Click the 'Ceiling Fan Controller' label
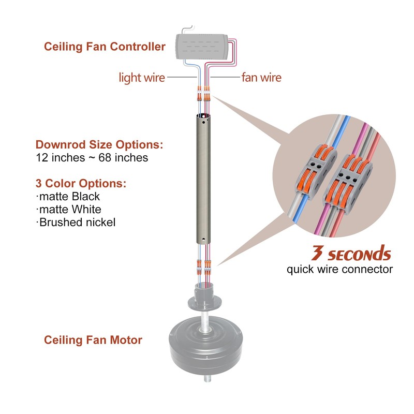tap(105, 47)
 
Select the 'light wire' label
tap(142, 78)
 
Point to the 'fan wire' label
tap(261, 78)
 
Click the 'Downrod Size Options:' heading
tap(99, 144)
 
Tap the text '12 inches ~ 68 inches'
tap(92, 158)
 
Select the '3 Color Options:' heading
tap(81, 184)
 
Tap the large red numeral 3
tap(317, 254)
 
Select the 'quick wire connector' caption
tap(339, 270)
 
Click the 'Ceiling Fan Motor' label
tap(93, 340)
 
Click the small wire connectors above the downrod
tap(203, 95)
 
